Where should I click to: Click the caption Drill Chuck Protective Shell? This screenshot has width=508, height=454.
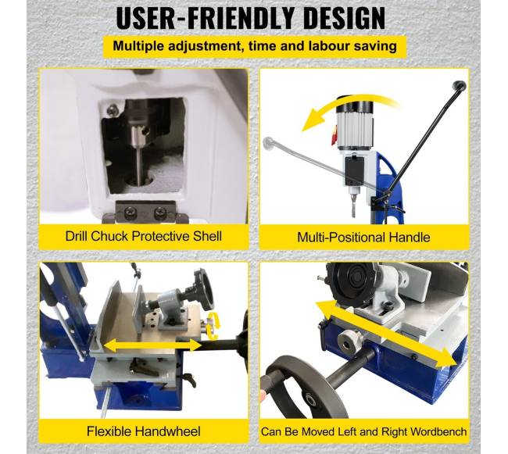click(x=144, y=237)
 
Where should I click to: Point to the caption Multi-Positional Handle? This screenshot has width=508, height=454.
click(x=363, y=238)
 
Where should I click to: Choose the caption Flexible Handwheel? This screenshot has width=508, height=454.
click(x=144, y=431)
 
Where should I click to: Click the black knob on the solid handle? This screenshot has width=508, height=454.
click(x=460, y=86)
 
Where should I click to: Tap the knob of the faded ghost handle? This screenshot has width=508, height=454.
click(x=269, y=143)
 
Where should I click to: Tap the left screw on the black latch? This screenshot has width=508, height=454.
click(x=131, y=213)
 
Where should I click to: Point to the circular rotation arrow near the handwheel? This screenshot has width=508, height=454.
click(x=213, y=326)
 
